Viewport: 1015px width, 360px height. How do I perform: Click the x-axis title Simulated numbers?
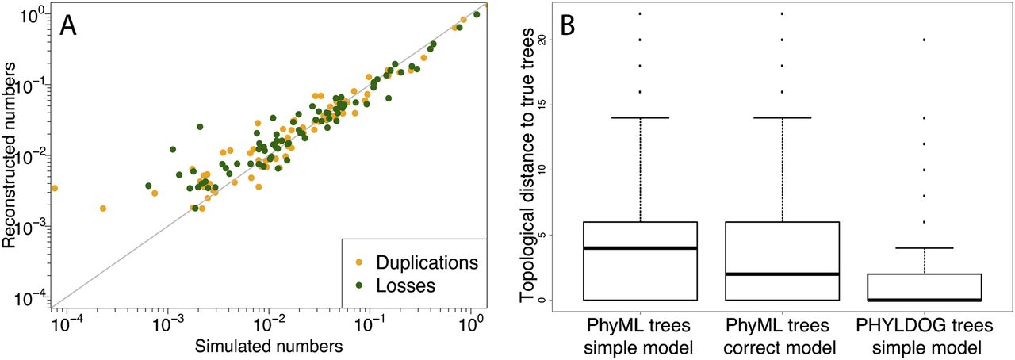point(270,346)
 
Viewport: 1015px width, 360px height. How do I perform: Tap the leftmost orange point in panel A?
point(54,188)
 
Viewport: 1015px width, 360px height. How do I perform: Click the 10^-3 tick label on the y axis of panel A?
point(34,228)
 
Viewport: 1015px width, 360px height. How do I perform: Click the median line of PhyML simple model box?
point(640,248)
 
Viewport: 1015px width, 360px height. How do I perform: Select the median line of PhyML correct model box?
point(783,274)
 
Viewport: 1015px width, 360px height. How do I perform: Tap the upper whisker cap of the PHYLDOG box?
point(925,248)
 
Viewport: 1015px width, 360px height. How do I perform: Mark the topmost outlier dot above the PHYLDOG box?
point(925,39)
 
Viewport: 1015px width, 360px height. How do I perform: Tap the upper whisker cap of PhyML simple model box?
point(640,117)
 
